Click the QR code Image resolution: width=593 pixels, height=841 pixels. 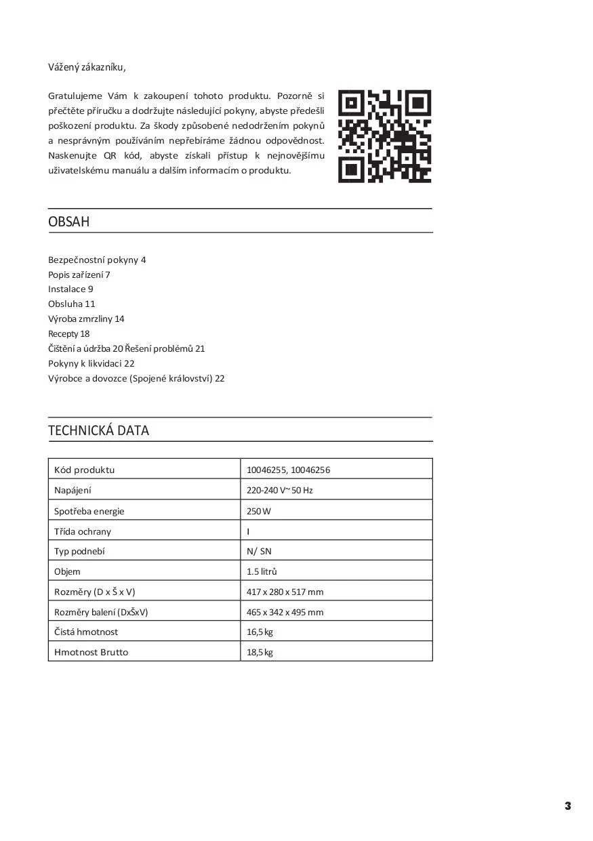(x=385, y=137)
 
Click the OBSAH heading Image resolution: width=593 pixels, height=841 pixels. (x=69, y=222)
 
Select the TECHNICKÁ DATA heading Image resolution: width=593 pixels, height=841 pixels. (x=98, y=430)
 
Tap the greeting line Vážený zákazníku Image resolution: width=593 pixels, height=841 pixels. (x=87, y=67)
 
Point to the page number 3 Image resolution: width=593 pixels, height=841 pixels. (x=568, y=806)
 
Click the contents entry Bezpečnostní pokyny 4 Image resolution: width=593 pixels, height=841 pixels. (x=97, y=260)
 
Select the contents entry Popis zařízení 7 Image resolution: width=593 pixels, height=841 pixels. (x=79, y=274)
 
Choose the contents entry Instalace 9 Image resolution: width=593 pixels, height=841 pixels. (x=70, y=289)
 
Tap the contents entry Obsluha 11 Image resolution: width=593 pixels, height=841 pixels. (x=72, y=304)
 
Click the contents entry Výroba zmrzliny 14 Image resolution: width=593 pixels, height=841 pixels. (x=86, y=319)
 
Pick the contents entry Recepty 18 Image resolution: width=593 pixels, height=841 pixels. (x=68, y=333)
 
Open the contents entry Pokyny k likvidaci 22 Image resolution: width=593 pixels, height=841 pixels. (x=91, y=363)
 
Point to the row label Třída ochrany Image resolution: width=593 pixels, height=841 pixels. (x=83, y=531)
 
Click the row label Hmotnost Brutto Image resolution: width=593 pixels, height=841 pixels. (x=91, y=652)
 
